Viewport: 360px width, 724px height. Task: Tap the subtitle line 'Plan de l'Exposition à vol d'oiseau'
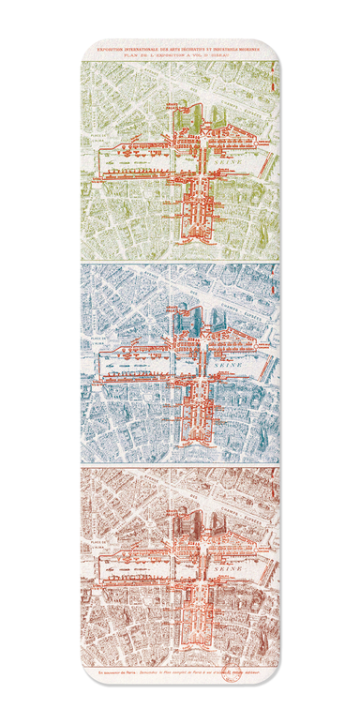(x=180, y=53)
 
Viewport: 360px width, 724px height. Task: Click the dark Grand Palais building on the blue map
(x=184, y=319)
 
